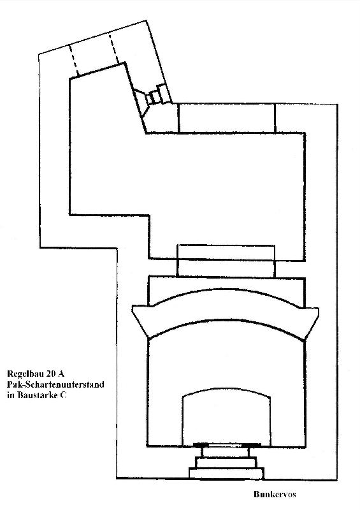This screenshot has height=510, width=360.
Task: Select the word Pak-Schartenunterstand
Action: point(55,384)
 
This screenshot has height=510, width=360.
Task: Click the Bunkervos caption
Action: point(275,495)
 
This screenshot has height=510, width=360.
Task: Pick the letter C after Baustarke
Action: point(64,395)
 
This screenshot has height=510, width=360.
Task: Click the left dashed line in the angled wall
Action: point(74,61)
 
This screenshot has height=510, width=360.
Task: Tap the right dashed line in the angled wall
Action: point(114,48)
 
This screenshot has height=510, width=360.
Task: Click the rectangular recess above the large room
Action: point(227,118)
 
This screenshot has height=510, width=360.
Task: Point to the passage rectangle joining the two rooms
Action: point(226,261)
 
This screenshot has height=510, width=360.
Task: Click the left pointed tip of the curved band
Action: point(133,307)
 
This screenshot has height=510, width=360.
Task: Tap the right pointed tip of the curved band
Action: point(318,309)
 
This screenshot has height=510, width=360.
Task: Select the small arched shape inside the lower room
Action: point(226,417)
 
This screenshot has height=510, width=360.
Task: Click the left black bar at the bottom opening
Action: point(201,444)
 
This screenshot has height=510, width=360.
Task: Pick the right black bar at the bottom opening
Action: point(252,444)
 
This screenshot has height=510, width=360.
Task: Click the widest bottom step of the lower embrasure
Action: point(226,473)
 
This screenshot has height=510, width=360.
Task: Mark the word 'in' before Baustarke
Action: point(11,395)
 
